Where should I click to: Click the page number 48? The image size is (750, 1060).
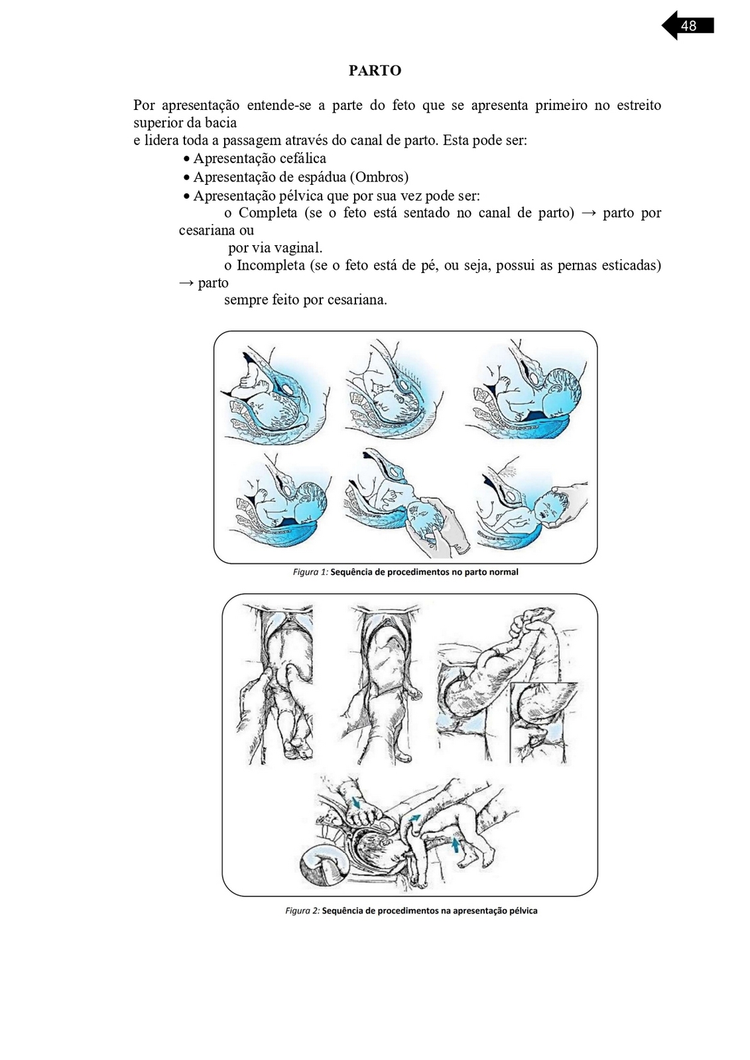pos(688,26)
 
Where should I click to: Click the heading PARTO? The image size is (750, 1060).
pos(375,71)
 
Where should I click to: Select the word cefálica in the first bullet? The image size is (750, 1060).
pos(302,158)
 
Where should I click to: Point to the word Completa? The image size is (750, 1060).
pos(268,213)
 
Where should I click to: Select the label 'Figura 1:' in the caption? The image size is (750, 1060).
pos(310,572)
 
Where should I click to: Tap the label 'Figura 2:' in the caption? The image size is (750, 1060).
pos(302,910)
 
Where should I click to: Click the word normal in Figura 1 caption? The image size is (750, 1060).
pos(503,572)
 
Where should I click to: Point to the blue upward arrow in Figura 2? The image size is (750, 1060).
pos(455,844)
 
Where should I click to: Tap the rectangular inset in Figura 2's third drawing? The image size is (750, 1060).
pos(543,723)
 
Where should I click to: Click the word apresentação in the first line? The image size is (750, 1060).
pos(200,105)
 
